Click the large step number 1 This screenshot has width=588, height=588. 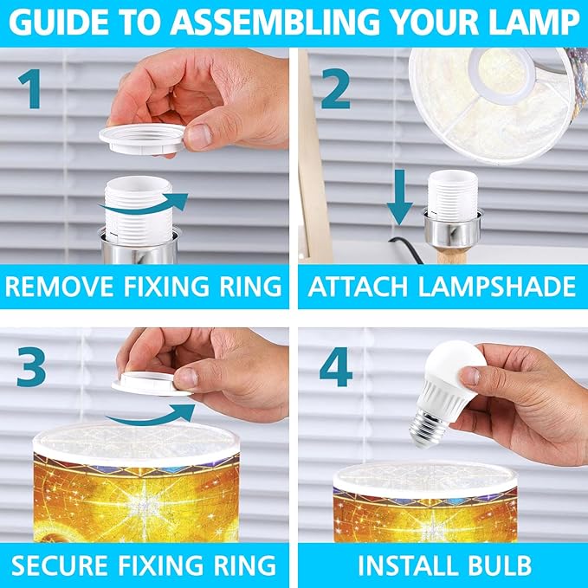pos(31,89)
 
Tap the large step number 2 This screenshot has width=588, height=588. pos(336,89)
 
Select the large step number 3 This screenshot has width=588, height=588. pos(31,366)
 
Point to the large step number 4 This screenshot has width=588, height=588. pos(336,366)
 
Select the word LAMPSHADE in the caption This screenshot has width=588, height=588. pos(496,286)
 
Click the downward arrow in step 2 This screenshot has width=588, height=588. pos(400,197)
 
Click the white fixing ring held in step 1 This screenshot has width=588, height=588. pos(142,139)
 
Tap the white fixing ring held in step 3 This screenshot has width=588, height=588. pos(150,384)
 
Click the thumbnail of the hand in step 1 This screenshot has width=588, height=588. pos(199,136)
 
